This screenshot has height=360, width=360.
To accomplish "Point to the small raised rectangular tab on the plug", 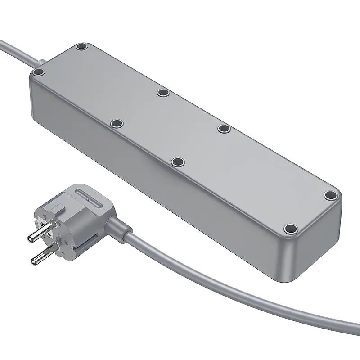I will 57,209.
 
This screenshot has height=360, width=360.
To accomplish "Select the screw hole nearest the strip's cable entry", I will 39,72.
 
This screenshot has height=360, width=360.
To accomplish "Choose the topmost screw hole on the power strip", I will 81,46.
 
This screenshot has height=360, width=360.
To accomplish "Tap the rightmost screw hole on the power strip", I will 330,195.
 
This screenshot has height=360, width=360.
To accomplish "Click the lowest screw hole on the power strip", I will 291,228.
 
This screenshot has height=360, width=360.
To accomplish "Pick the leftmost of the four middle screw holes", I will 117,123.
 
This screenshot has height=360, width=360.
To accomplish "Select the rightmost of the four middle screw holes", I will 224,129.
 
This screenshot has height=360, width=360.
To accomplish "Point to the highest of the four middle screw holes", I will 163,93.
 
